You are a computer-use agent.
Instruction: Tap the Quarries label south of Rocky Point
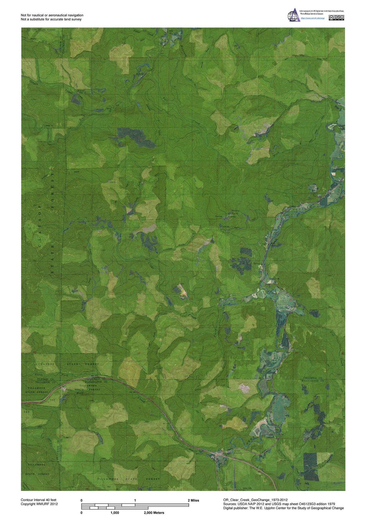(x=225, y=226)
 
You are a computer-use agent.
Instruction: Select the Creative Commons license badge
(x=336, y=17)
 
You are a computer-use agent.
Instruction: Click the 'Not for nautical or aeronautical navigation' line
(x=52, y=15)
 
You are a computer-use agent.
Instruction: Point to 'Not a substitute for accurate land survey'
(x=51, y=19)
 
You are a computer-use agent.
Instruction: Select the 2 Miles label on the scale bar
(x=193, y=500)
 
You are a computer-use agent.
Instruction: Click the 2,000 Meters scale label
(x=154, y=513)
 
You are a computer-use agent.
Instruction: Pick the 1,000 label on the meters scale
(x=115, y=513)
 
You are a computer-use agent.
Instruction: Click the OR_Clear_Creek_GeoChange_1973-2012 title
(x=255, y=500)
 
